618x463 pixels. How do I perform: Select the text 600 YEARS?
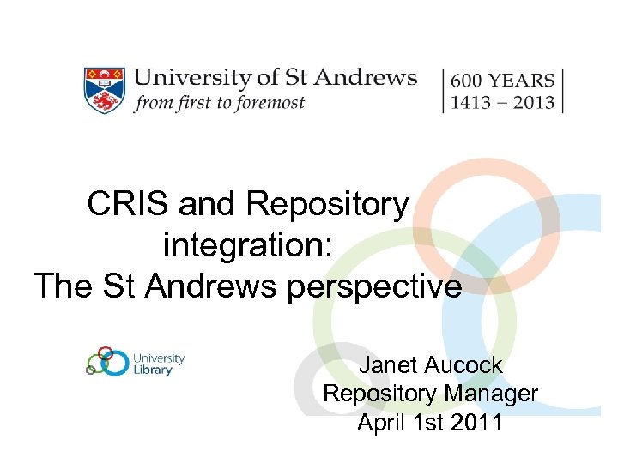502,80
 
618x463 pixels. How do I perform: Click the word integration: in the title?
246,245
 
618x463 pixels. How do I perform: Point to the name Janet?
387,365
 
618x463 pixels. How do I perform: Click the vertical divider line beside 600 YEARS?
444,90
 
